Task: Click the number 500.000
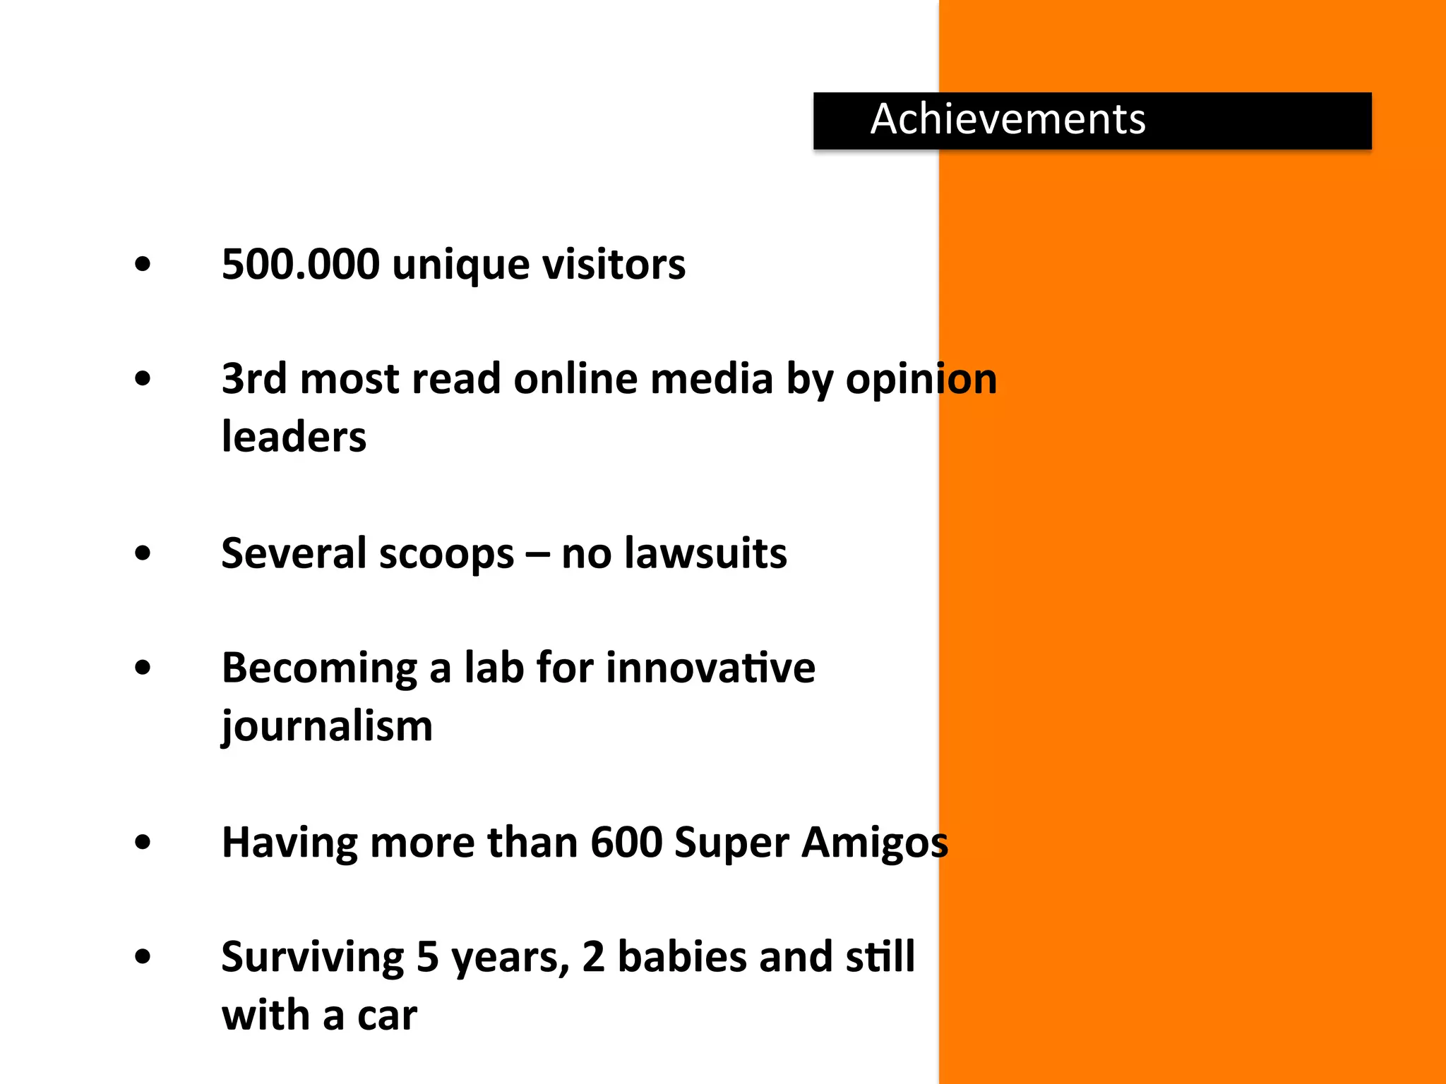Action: tap(300, 265)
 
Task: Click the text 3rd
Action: tap(254, 379)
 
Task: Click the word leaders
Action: tap(294, 437)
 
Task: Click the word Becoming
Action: tap(320, 668)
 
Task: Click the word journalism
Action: tap(327, 727)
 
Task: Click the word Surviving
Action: tap(313, 958)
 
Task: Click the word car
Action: tap(387, 1016)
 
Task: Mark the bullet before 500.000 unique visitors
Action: tap(143, 265)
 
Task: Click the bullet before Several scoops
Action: tap(143, 553)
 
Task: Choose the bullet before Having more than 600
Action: tap(143, 843)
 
